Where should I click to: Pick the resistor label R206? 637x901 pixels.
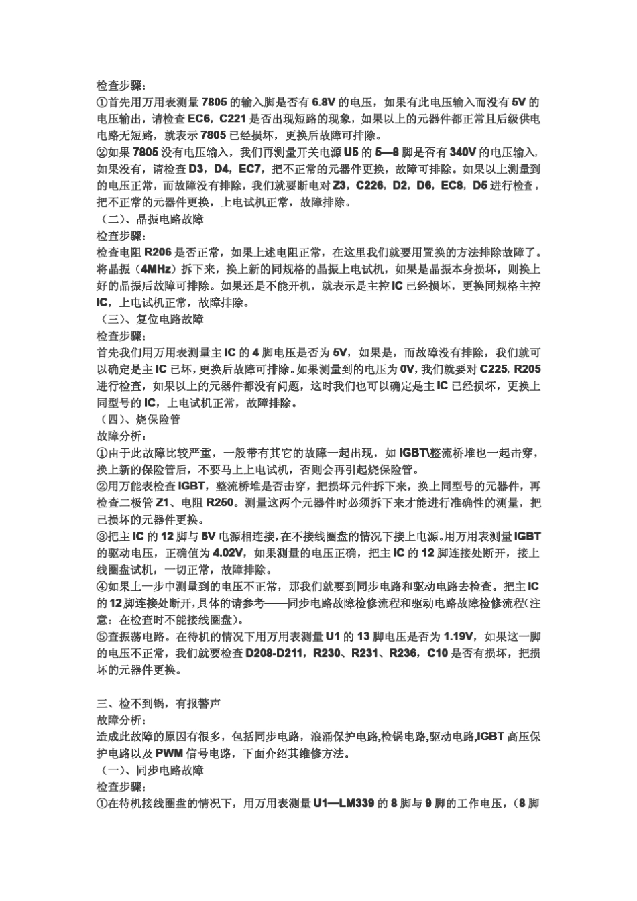(x=158, y=253)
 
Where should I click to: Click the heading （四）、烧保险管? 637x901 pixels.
(x=139, y=420)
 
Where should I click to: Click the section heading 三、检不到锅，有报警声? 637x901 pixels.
(x=158, y=703)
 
